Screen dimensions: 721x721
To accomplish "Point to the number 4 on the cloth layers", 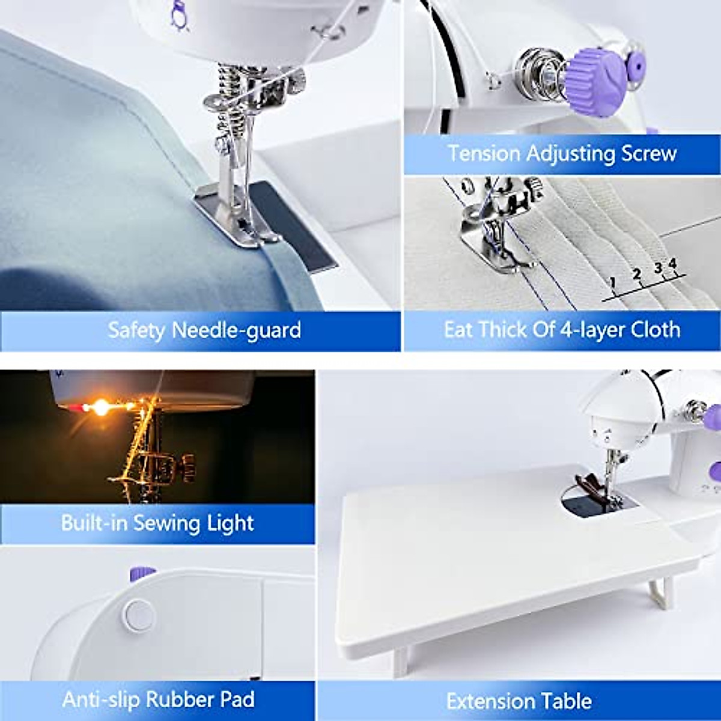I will (x=672, y=263).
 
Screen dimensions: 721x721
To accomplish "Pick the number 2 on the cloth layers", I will (x=636, y=273).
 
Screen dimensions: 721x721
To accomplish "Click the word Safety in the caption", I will (x=136, y=330).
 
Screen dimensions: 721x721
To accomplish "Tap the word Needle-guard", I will (x=236, y=330).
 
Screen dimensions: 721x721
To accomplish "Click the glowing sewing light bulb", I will (x=102, y=406).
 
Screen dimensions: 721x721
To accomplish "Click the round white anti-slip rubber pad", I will (x=139, y=613).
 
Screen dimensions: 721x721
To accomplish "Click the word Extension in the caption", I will (x=491, y=701).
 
